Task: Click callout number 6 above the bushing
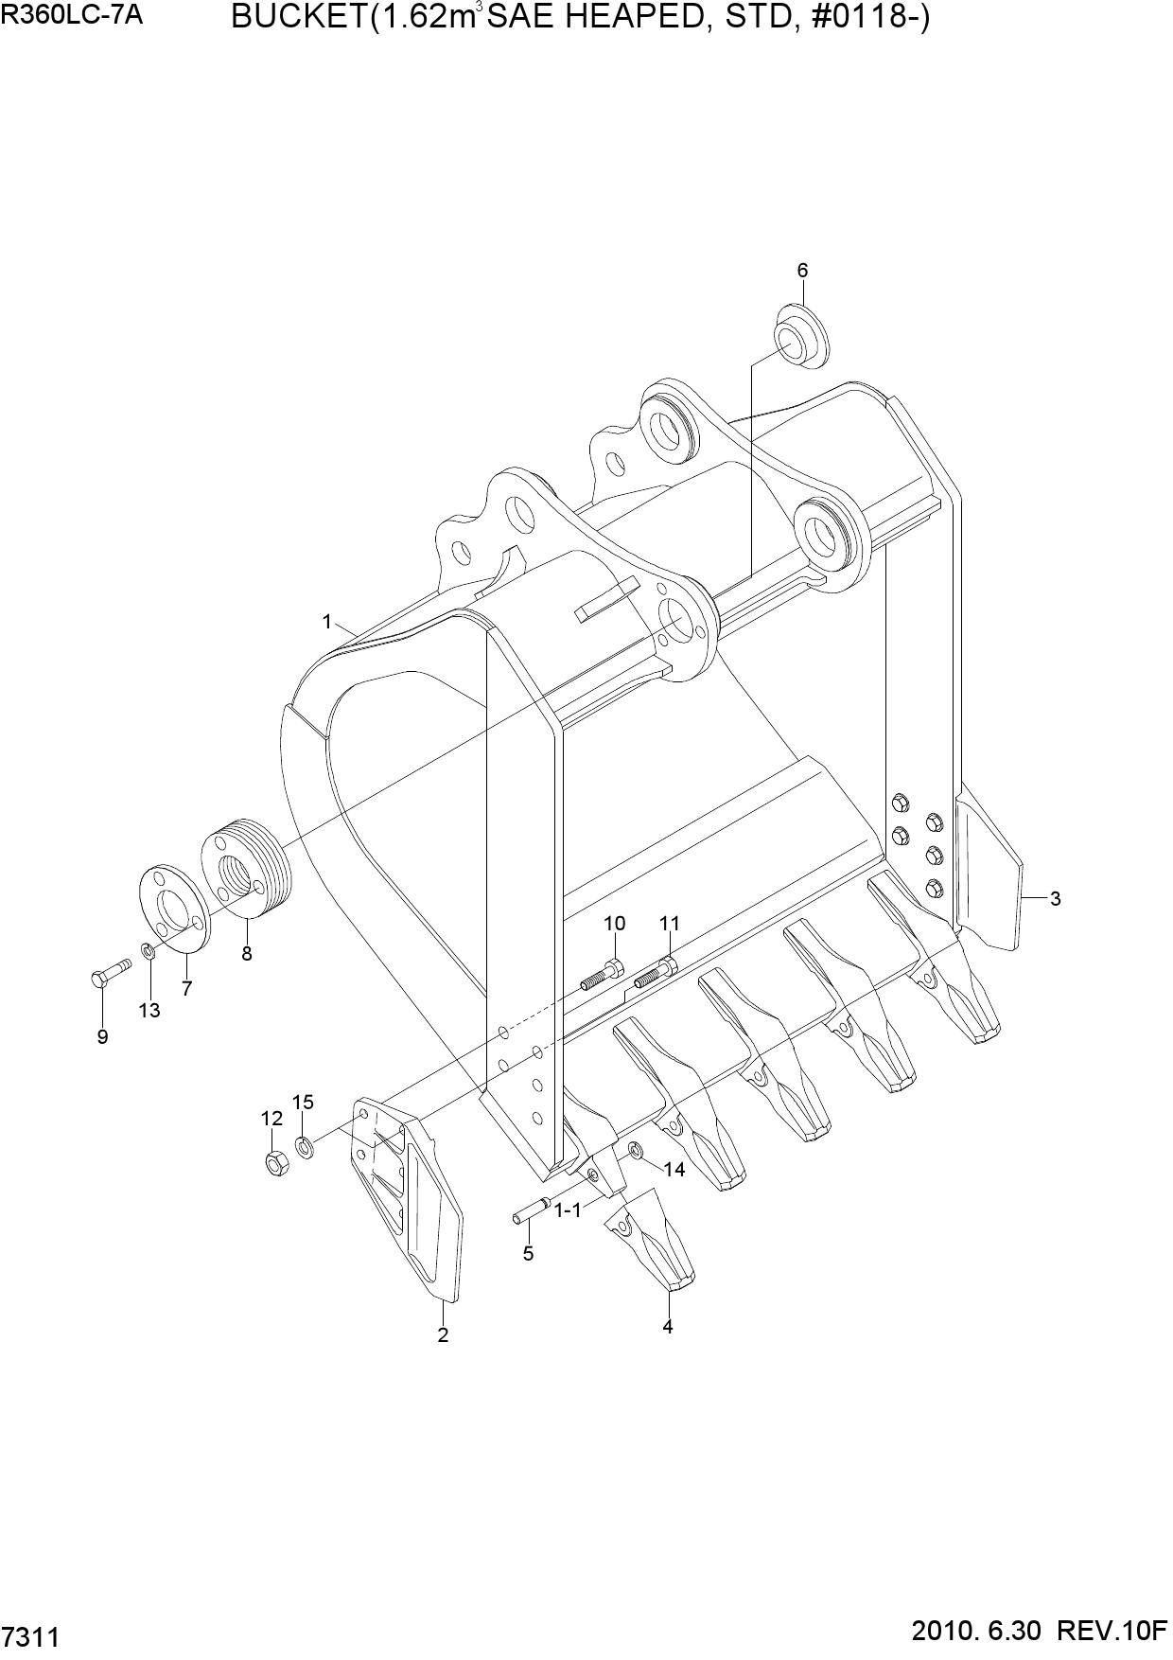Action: pos(802,271)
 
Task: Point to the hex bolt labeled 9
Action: pos(113,973)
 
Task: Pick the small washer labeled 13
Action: pos(149,949)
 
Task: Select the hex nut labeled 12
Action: pos(276,1164)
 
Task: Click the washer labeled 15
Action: pos(305,1148)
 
